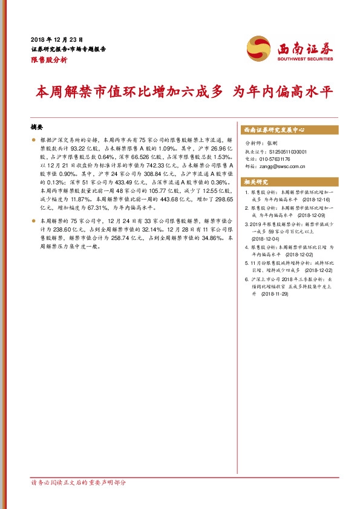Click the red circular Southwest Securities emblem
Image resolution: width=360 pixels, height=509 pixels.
(x=260, y=48)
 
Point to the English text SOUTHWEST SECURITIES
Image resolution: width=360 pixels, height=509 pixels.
(x=306, y=59)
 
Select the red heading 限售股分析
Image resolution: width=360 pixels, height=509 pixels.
(x=49, y=60)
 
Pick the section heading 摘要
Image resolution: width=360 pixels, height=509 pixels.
(x=37, y=128)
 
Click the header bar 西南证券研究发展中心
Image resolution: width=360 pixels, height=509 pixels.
(x=273, y=130)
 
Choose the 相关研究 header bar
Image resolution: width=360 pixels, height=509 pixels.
(x=255, y=182)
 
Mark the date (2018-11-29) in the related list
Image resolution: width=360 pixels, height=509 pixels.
(x=275, y=293)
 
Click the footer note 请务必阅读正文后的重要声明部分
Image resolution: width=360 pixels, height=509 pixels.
(x=78, y=482)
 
